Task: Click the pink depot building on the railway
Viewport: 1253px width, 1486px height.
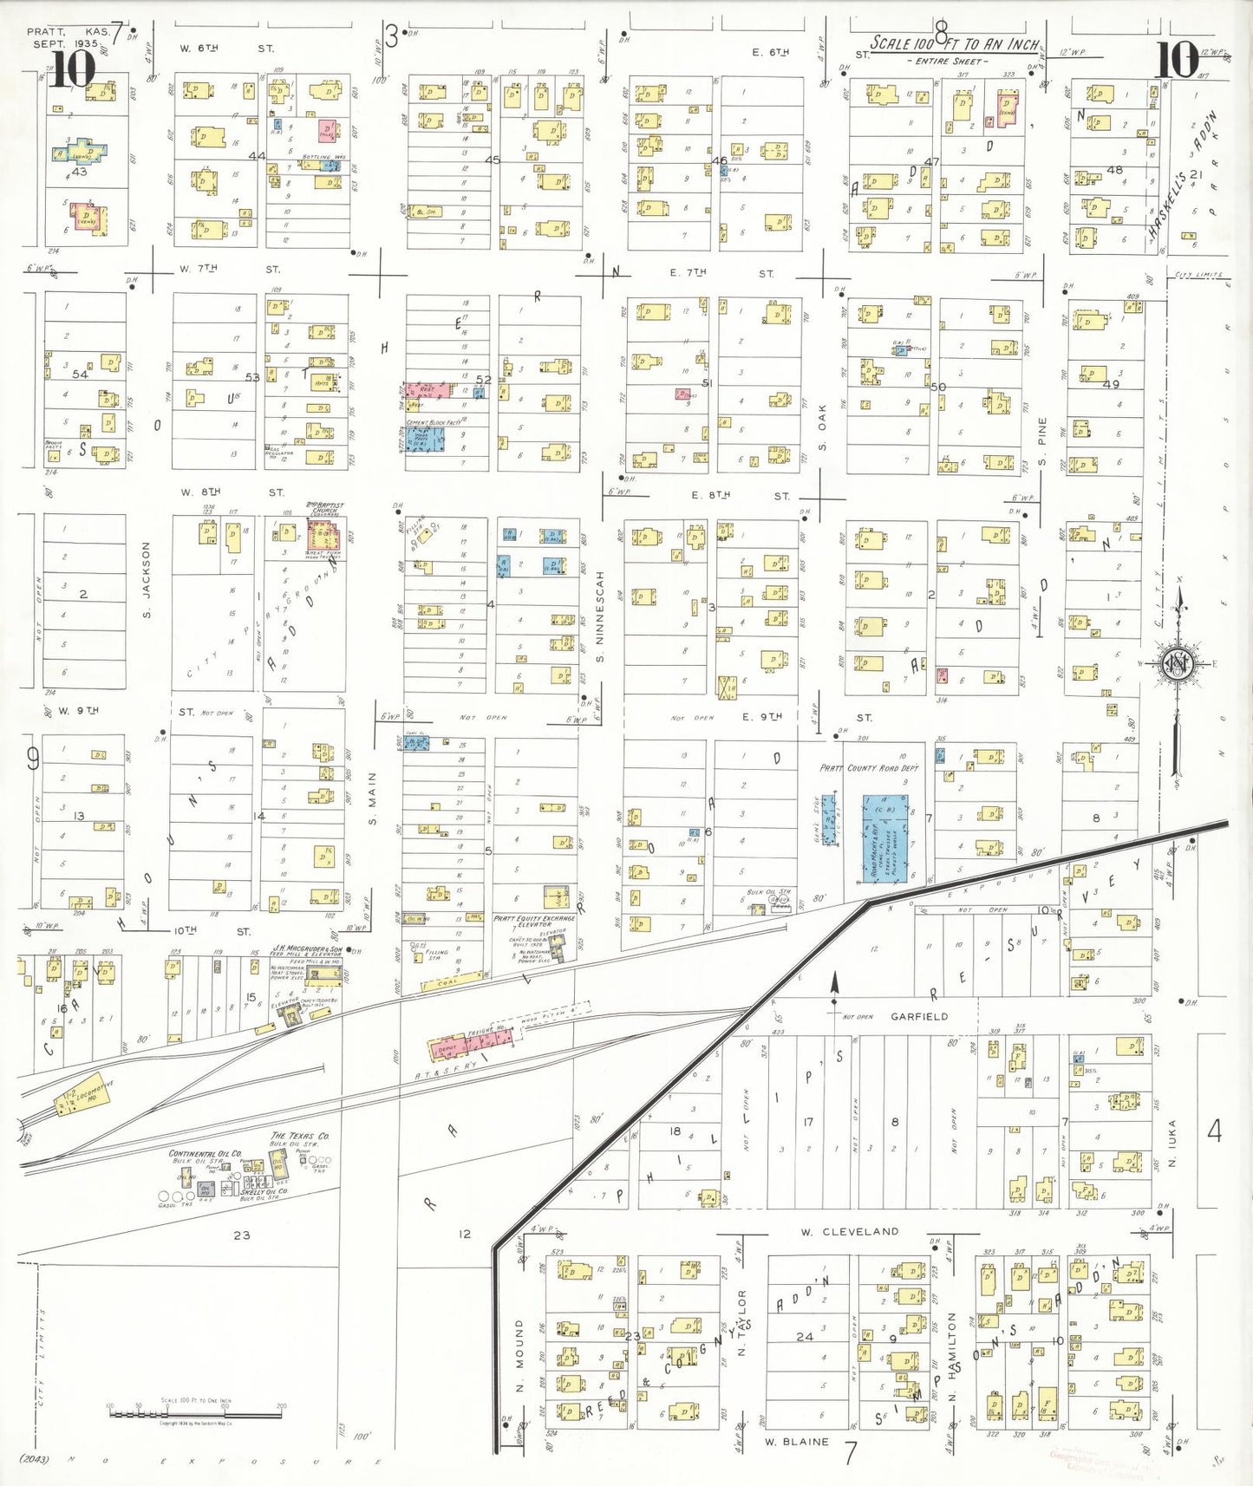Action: (447, 1048)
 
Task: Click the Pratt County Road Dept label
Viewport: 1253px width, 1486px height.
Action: (869, 768)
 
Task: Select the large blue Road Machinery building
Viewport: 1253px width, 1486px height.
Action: (885, 838)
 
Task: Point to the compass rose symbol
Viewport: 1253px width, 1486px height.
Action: (1178, 665)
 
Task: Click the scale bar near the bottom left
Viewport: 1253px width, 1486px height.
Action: (195, 1414)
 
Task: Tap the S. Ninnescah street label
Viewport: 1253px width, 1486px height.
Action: (599, 616)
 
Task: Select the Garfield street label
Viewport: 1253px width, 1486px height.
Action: (919, 1016)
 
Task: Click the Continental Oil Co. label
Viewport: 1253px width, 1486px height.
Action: (206, 1154)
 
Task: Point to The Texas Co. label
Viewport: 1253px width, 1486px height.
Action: (300, 1136)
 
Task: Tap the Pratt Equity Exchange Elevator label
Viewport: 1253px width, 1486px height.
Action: (534, 920)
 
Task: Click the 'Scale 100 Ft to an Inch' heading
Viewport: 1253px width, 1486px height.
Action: (954, 44)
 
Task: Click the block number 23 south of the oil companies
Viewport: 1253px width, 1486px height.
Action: (241, 1235)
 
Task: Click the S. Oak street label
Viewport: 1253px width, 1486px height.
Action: (822, 427)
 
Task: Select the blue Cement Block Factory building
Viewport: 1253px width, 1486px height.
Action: (426, 438)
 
